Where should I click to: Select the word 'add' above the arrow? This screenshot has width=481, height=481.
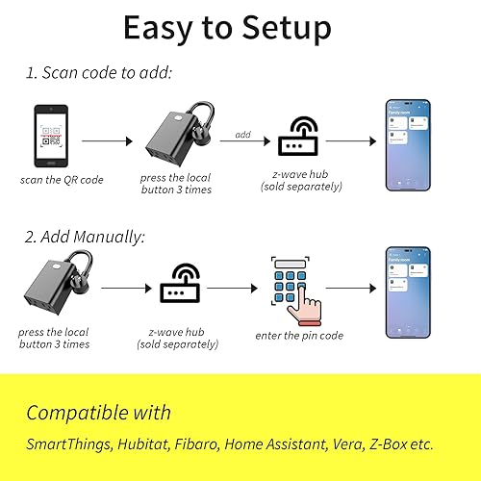point(242,134)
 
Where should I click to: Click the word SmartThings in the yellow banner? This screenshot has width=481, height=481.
point(74,444)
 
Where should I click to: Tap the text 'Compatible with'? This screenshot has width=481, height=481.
point(98,413)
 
